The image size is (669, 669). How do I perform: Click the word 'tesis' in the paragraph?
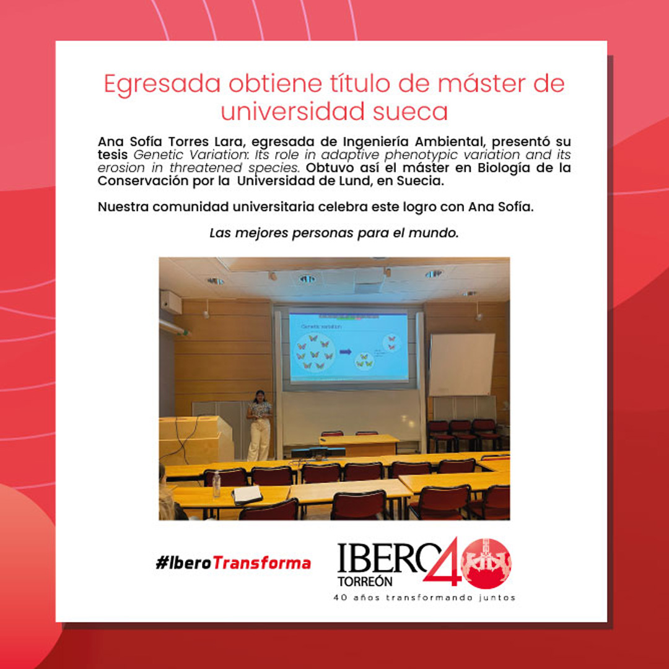point(112,154)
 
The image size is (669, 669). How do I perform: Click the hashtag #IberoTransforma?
point(234,562)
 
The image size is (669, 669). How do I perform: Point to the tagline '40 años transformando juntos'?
point(424,598)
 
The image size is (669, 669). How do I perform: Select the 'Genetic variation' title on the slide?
point(319,326)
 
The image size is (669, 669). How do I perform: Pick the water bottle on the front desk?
point(216,484)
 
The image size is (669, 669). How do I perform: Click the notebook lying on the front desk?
point(247,494)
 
